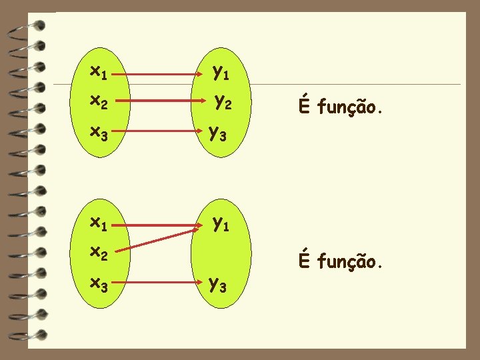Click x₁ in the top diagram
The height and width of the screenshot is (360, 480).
tap(99, 70)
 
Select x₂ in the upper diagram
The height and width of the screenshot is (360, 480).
tap(99, 101)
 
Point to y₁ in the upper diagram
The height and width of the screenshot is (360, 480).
tap(221, 71)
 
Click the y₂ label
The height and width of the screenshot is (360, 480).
tap(223, 103)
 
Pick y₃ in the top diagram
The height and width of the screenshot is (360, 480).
tap(218, 134)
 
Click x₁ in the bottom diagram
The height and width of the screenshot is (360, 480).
tap(99, 221)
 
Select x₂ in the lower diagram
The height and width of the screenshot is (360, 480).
tap(99, 253)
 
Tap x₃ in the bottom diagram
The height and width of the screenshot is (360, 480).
tap(99, 284)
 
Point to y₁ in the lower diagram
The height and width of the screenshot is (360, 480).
tap(221, 223)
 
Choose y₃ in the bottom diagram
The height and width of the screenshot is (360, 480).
tap(218, 285)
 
